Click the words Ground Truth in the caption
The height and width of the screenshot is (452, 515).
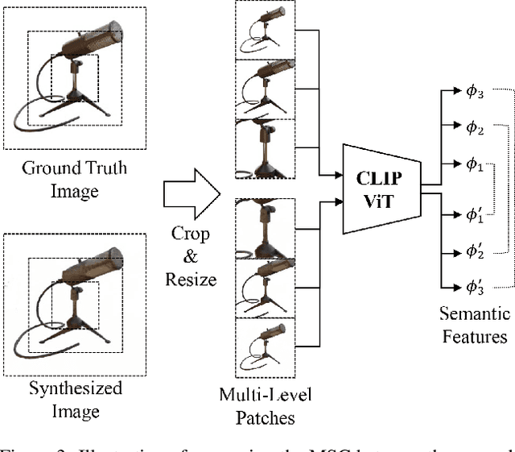click(74, 168)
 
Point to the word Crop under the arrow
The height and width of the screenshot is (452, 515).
click(190, 234)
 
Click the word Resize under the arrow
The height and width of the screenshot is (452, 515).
click(190, 279)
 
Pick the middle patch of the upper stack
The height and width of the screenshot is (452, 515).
click(264, 89)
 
